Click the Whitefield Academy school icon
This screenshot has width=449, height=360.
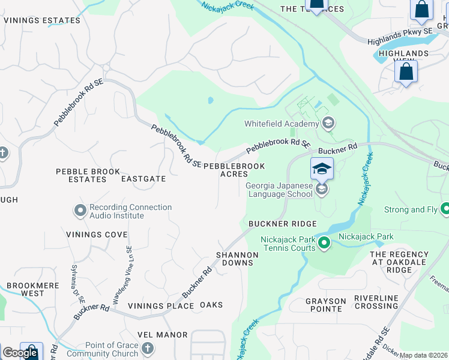point(328,124)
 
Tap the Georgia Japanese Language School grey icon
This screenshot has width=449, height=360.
point(322,190)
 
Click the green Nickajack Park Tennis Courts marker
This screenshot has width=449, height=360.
point(324,243)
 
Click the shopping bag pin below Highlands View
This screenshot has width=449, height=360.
point(406,72)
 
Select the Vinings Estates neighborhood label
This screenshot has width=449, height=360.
point(42,20)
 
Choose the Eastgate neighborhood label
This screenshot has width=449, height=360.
point(143,179)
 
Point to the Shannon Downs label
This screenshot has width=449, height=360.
point(237,259)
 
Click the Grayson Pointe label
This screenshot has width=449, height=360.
point(325,305)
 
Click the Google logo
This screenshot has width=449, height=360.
point(20,353)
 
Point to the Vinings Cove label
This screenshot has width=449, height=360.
point(97,235)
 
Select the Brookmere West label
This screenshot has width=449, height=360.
point(25,289)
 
